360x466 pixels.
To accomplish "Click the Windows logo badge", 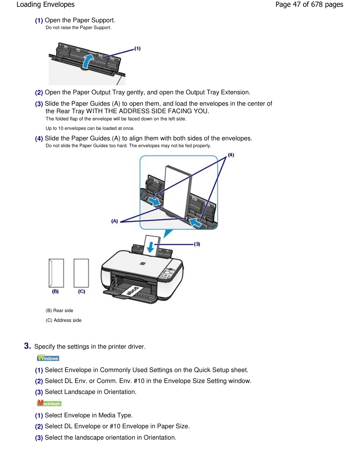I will click(48, 358).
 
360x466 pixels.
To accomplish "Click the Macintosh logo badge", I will click(49, 403).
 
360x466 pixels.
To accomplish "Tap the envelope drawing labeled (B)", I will click(56, 273).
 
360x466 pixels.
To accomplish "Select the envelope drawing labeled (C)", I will click(81, 273).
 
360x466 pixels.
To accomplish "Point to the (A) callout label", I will click(114, 221).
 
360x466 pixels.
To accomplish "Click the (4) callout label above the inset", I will click(231, 155).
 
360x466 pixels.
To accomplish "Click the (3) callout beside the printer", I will click(197, 244).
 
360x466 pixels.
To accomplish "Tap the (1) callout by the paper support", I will click(138, 48).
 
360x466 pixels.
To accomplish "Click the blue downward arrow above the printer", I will click(150, 248).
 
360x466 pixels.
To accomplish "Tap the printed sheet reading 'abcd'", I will click(132, 291).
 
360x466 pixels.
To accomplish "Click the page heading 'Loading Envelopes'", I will click(46, 5).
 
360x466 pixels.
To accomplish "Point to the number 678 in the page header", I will click(317, 5).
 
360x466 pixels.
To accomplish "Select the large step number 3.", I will click(27, 346).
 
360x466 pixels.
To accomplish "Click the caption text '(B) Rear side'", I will click(59, 311).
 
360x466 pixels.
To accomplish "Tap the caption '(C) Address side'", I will click(63, 320).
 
